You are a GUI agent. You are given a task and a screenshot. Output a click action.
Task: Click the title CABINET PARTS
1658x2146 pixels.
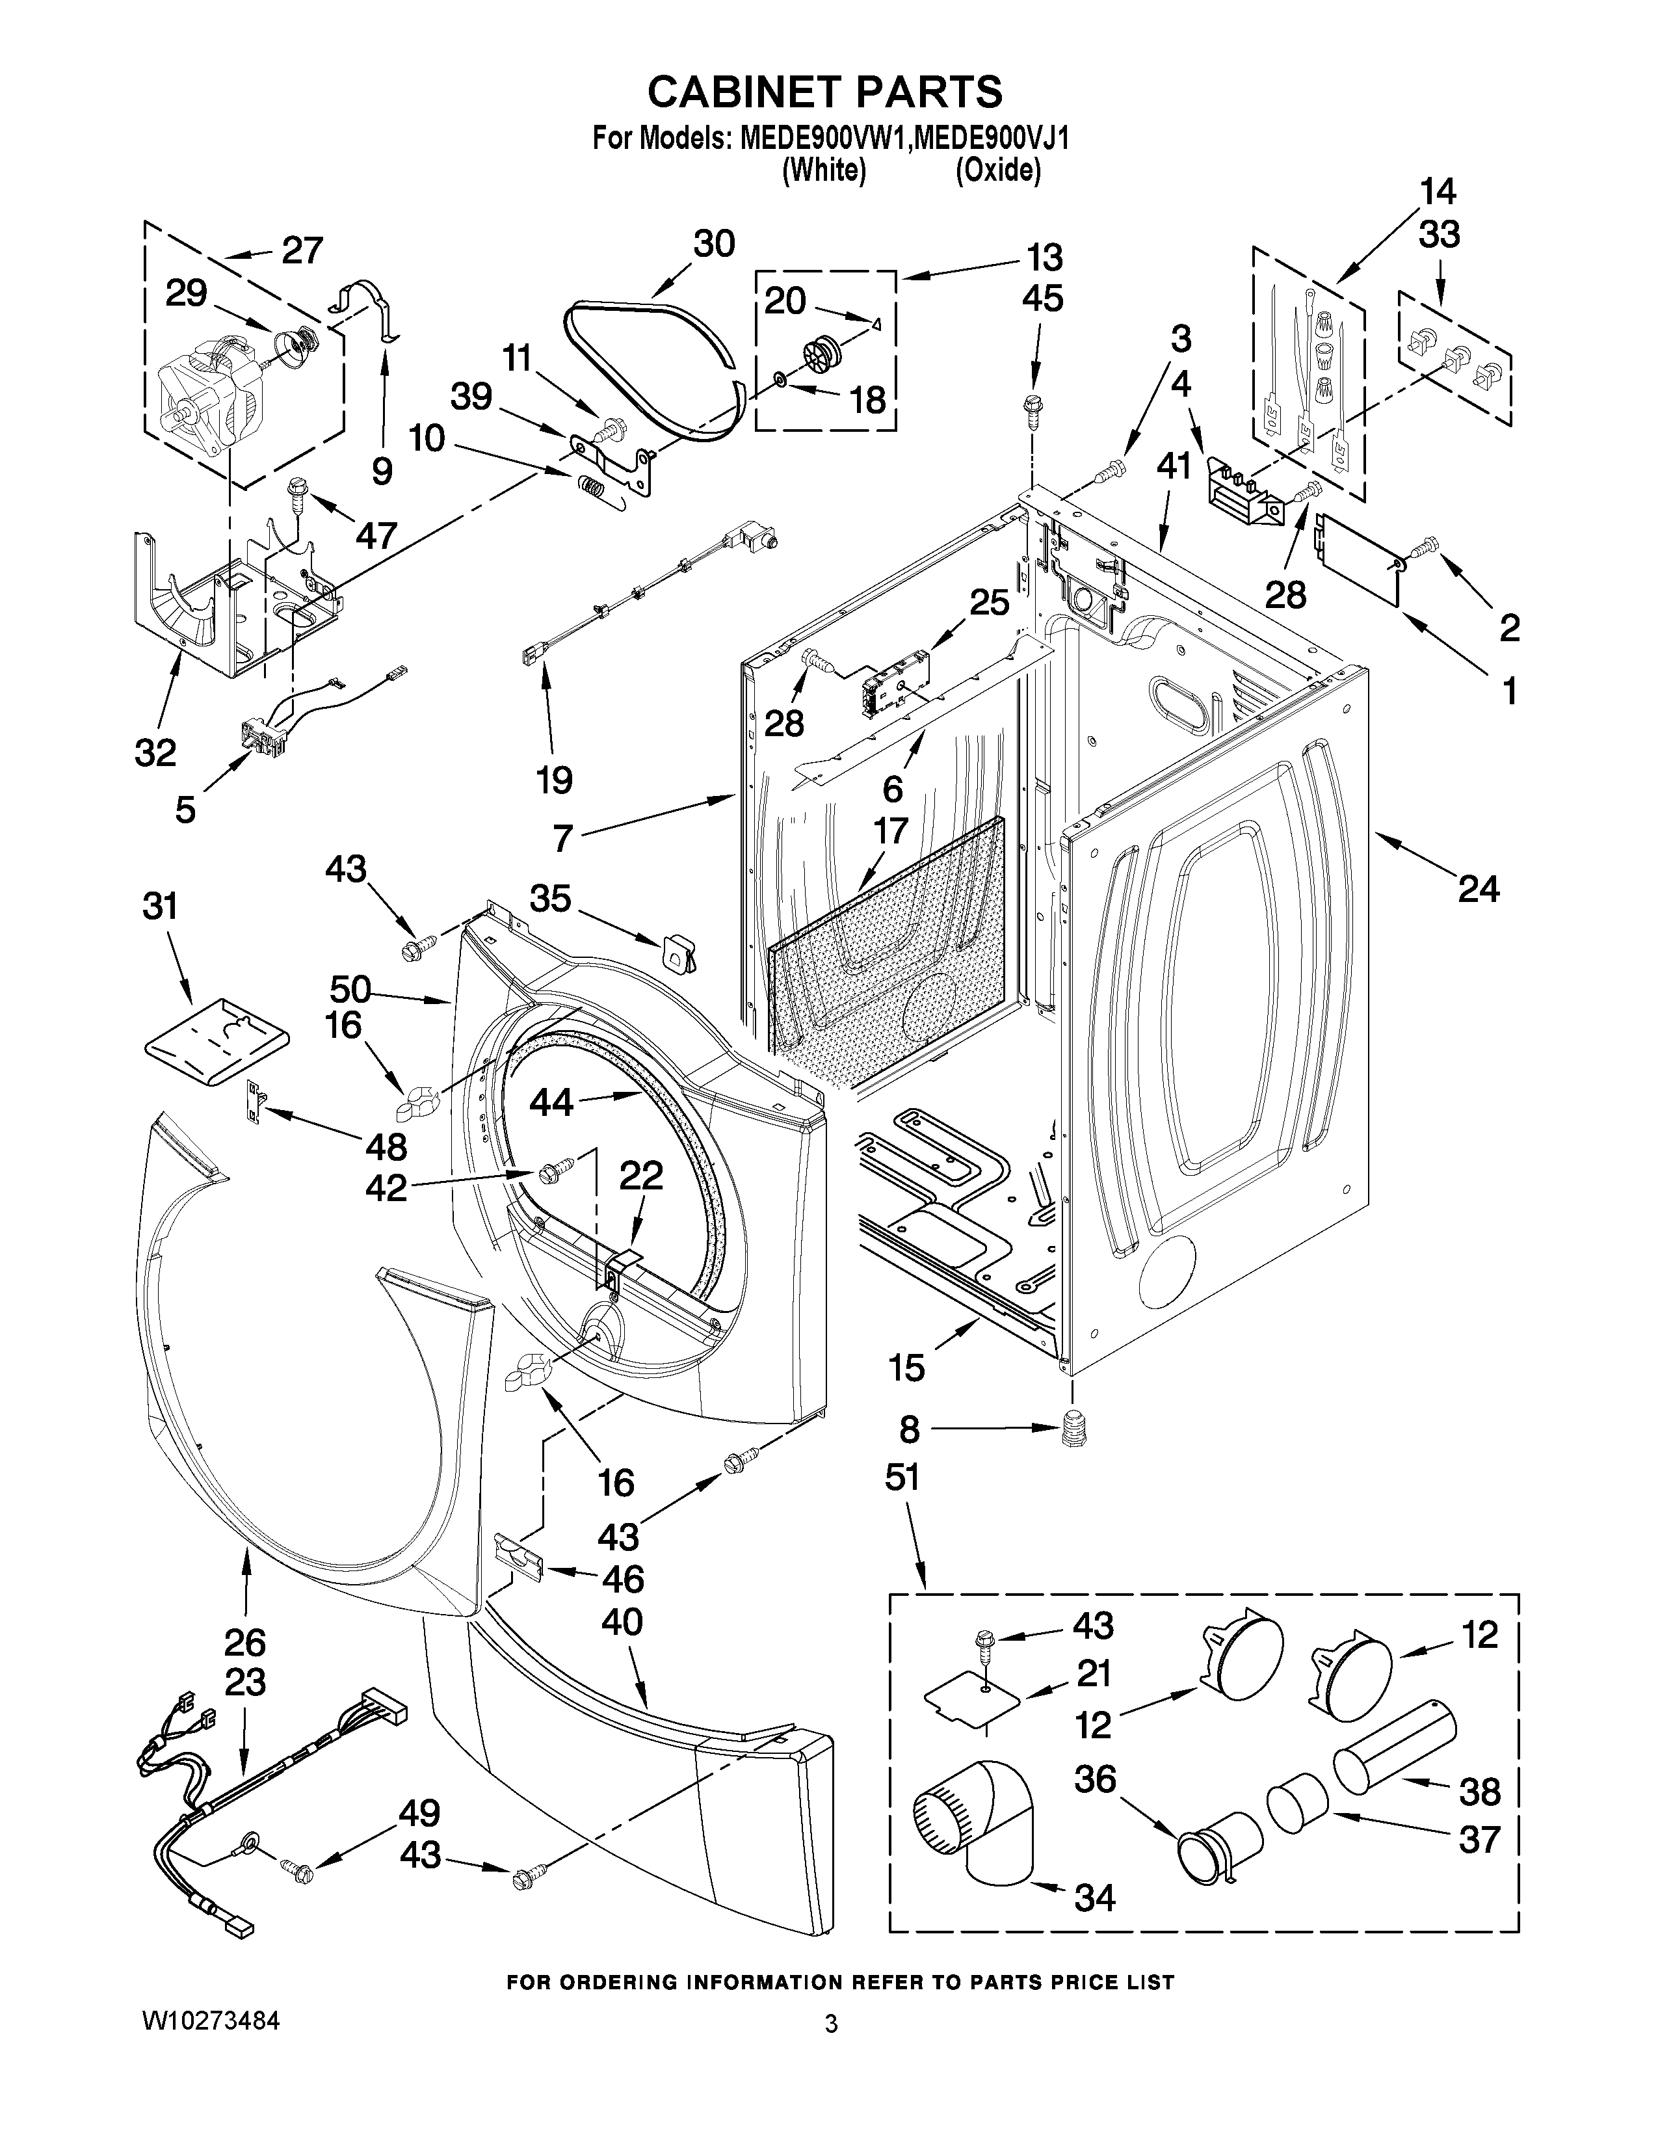pos(825,92)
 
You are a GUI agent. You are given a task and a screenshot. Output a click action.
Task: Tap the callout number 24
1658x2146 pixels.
pos(1479,888)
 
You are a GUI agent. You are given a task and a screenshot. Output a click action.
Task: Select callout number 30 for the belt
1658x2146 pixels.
pos(713,244)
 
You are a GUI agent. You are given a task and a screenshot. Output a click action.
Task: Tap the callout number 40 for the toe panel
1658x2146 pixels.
pos(621,1621)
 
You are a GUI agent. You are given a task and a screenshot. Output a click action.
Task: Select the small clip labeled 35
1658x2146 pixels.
pos(678,950)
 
